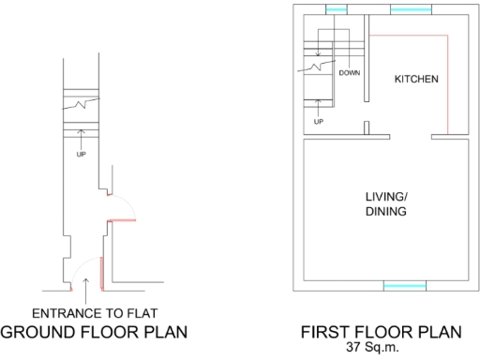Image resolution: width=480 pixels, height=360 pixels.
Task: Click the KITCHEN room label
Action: coord(414,79)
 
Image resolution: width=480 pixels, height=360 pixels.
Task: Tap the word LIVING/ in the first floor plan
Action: coord(385,197)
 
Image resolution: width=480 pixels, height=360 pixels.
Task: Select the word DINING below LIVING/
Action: coord(385,212)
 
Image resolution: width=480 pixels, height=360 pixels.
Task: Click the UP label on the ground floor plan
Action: coord(82,154)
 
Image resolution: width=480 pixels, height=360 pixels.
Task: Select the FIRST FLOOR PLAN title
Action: coord(380,332)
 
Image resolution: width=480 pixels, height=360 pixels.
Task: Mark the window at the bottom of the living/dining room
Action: coord(406,284)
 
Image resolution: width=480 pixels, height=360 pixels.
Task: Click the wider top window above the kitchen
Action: coord(410,9)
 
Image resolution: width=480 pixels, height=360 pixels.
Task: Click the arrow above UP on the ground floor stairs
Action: coord(82,141)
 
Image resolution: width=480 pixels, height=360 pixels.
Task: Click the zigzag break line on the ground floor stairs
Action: coord(85,103)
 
